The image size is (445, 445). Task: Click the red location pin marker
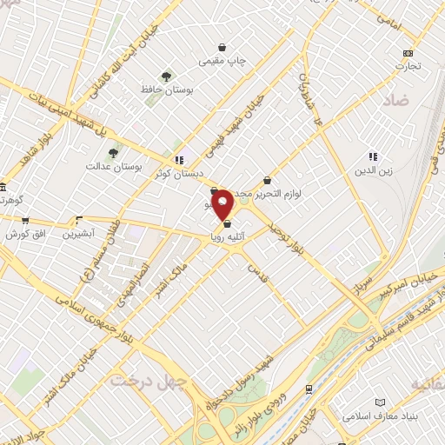click(223, 205)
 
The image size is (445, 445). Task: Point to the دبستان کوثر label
click(181, 173)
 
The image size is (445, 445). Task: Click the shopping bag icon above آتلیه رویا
click(227, 224)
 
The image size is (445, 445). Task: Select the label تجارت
click(408, 66)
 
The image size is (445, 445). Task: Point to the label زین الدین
click(373, 169)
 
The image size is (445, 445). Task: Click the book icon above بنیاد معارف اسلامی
click(379, 402)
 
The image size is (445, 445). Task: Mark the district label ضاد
click(394, 101)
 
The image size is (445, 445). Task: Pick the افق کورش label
click(24, 235)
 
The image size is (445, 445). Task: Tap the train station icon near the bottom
click(309, 389)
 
